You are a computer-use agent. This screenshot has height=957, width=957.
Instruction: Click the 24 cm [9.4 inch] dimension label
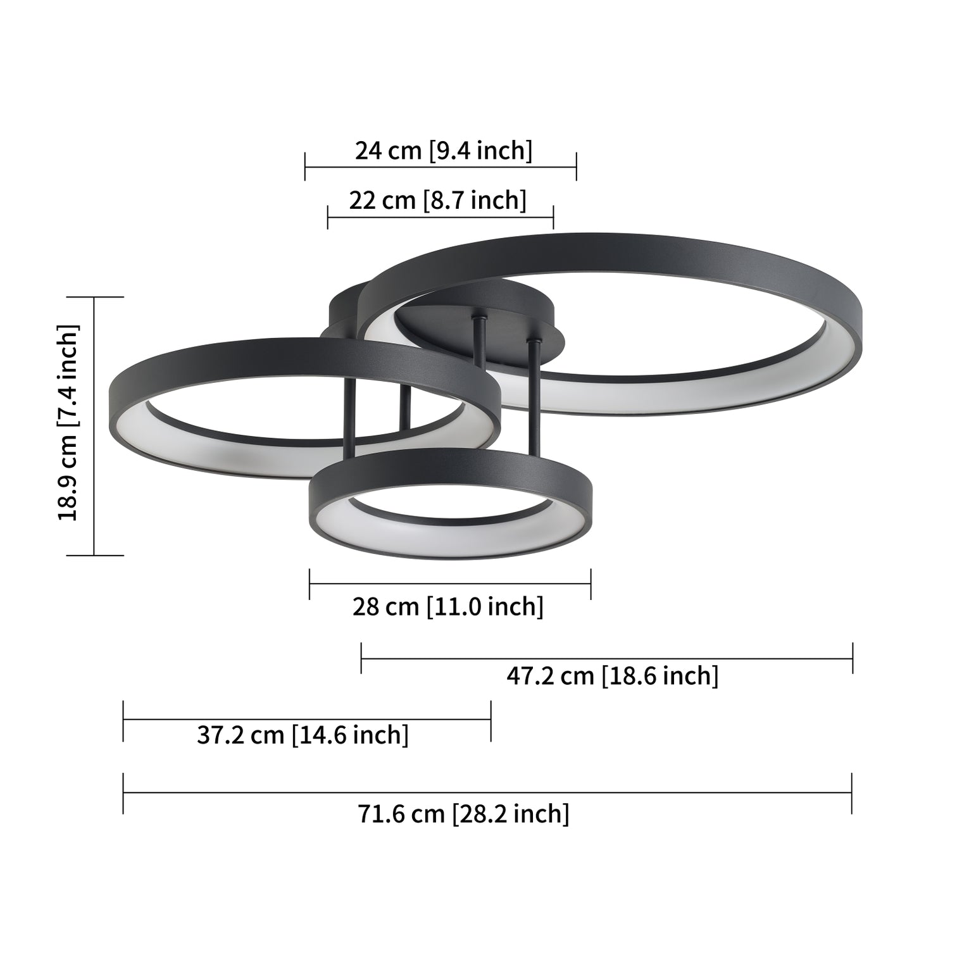click(x=443, y=151)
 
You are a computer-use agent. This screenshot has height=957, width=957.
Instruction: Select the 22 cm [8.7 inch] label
click(x=437, y=200)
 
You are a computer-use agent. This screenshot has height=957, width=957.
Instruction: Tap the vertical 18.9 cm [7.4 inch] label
click(x=68, y=422)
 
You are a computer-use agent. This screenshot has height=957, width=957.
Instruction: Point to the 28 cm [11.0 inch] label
click(x=447, y=606)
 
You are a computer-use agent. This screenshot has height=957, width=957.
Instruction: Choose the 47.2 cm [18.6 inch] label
click(x=612, y=676)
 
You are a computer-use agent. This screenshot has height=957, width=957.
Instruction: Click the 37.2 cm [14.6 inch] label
click(x=303, y=735)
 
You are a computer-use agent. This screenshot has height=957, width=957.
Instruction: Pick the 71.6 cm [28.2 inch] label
click(x=463, y=813)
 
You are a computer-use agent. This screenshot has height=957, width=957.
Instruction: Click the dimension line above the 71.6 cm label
click(x=487, y=792)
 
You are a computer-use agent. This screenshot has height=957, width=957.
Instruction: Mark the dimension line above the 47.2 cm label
click(x=606, y=658)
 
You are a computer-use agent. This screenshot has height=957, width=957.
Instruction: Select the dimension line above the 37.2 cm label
click(x=307, y=719)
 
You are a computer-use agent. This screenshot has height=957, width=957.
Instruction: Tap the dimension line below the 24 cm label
click(x=441, y=168)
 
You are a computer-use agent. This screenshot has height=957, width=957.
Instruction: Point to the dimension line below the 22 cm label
click(x=441, y=218)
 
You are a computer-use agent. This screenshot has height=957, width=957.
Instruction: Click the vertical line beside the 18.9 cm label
click(x=94, y=426)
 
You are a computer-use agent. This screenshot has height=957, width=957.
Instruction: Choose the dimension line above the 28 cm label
click(x=450, y=584)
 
